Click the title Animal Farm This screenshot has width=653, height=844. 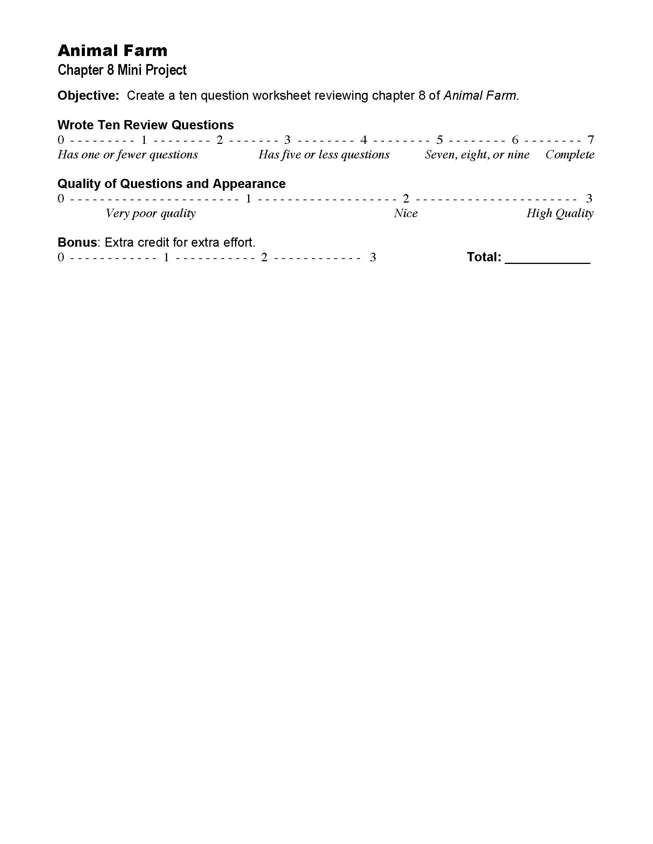(x=113, y=51)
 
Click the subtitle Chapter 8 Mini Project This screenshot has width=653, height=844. (x=122, y=70)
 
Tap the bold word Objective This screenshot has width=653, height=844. (x=88, y=96)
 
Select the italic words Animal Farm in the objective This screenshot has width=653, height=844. (x=480, y=96)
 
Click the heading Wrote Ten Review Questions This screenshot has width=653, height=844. (x=146, y=125)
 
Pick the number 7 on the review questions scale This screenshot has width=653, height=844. (x=590, y=140)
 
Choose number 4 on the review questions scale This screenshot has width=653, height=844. (x=364, y=140)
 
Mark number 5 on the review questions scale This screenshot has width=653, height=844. (x=439, y=140)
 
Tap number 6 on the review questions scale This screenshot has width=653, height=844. (x=515, y=140)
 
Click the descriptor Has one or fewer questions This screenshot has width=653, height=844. (x=128, y=155)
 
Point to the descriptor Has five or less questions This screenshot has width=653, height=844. (x=324, y=155)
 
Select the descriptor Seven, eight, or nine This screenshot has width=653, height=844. (x=477, y=155)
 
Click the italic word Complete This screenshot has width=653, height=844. (x=570, y=155)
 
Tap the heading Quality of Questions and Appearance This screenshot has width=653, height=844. (x=172, y=183)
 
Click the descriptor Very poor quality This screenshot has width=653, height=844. (x=151, y=213)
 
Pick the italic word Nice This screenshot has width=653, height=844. (x=406, y=213)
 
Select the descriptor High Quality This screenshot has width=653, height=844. (x=560, y=213)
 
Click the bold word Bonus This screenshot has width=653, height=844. (x=77, y=242)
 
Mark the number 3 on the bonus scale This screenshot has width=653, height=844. (x=373, y=257)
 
